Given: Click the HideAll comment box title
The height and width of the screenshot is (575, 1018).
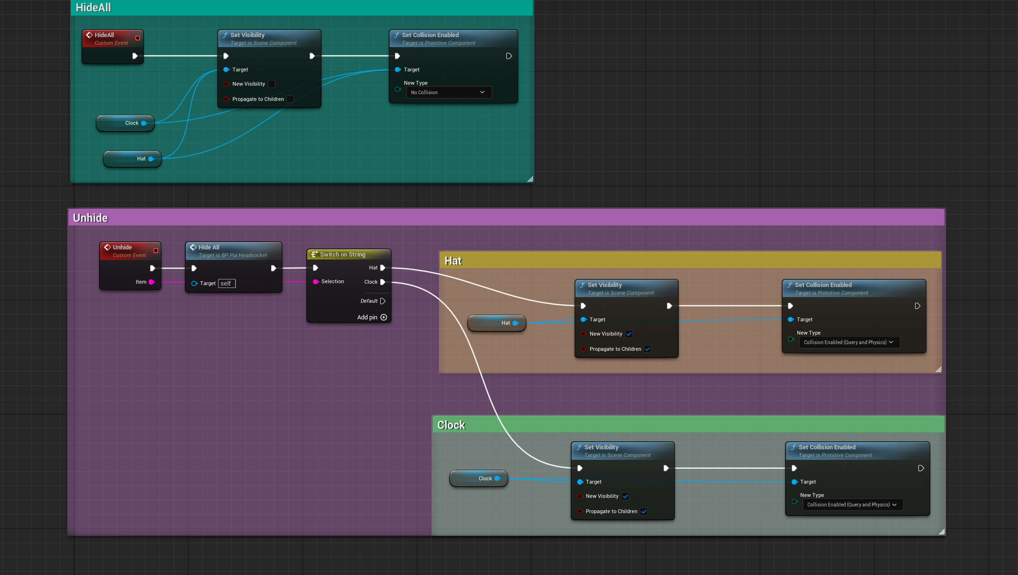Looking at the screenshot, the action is tap(93, 8).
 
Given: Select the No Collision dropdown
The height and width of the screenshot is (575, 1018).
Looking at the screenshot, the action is tap(449, 92).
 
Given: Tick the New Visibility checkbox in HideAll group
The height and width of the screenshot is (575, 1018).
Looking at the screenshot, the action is tap(272, 84).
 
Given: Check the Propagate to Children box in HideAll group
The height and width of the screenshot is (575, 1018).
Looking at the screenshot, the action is tap(290, 99).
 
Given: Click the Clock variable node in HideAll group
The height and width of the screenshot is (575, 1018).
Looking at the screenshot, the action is tap(125, 123).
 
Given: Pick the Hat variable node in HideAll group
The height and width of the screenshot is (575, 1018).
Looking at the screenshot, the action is tap(132, 159).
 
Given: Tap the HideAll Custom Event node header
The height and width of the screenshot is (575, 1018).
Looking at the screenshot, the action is tap(112, 39).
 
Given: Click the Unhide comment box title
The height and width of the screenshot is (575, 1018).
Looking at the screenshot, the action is tap(91, 218).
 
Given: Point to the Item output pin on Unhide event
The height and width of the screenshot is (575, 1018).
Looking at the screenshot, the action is tap(151, 282).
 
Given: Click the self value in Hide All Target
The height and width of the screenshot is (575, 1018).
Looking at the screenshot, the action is tap(227, 284).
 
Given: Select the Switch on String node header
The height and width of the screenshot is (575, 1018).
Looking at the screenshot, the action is tap(349, 255).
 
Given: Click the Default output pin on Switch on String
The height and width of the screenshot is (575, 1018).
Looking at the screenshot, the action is tap(383, 301).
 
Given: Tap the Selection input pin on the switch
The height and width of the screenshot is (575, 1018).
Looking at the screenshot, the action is tap(315, 282).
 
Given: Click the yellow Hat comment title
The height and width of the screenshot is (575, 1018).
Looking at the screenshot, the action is tap(453, 261).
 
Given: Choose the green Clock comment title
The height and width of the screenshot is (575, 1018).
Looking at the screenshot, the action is tap(451, 425).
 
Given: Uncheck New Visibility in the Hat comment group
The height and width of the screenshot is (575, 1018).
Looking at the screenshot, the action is tap(629, 334).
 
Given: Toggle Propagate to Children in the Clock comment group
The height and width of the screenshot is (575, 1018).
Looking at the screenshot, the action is tap(644, 512).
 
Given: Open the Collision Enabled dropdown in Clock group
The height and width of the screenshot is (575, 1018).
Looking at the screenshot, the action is tap(852, 505).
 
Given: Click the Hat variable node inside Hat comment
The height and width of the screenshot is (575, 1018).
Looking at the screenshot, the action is tap(497, 323).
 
